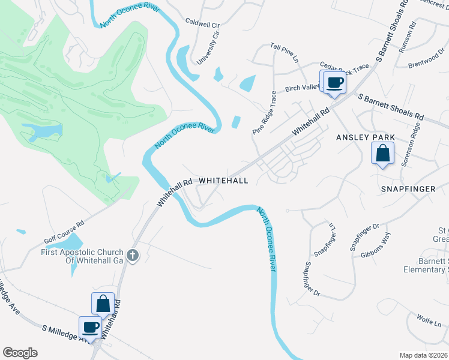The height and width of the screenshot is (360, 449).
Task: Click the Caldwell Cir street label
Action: [203, 25]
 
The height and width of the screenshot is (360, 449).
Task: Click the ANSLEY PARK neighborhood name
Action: [366, 137]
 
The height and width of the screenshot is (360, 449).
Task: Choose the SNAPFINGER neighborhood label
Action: [408, 188]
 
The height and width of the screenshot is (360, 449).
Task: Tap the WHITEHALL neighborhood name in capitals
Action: [223, 180]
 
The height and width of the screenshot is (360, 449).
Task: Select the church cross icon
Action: [133, 256]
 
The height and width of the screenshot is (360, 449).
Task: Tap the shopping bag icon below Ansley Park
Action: [383, 154]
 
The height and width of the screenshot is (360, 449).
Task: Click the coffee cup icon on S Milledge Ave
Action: [91, 328]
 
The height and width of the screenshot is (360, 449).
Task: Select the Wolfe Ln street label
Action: [429, 322]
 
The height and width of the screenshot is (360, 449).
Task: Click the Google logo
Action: [20, 353]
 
